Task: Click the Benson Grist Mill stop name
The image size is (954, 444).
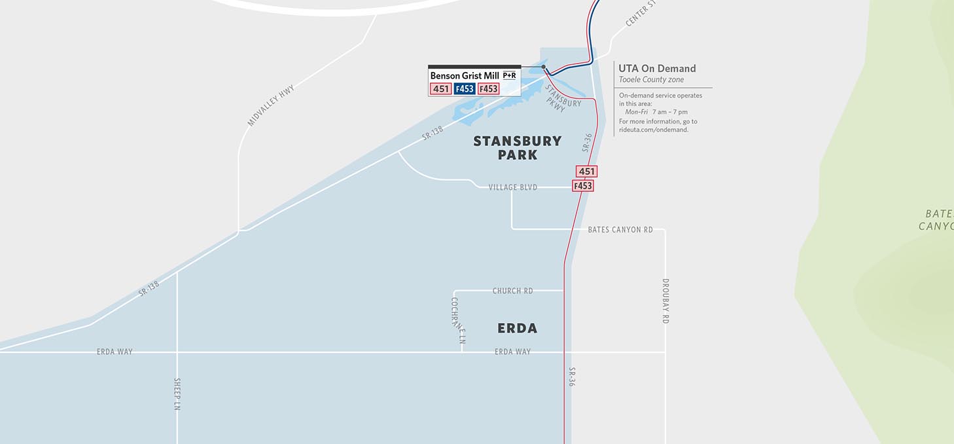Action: coord(465,76)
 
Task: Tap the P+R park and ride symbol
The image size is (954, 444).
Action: coord(509,76)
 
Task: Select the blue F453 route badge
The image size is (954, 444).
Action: coord(464,89)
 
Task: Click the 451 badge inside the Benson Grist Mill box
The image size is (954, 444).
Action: coord(440,89)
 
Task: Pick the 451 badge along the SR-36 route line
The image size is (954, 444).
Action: coord(587,172)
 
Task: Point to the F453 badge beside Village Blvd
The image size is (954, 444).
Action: coord(582,186)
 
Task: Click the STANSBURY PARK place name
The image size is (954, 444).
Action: coord(517,148)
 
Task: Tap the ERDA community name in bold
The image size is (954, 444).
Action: coord(517,328)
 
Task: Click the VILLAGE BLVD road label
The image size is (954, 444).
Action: coord(513,187)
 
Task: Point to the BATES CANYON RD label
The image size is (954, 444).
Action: coord(620,230)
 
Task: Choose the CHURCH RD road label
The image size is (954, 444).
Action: coord(512,291)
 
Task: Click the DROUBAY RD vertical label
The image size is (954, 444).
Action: coord(665,301)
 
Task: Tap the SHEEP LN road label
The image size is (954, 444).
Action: coord(177,394)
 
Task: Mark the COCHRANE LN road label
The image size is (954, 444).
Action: coord(457,321)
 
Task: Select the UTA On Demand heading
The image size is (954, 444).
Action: coord(657,68)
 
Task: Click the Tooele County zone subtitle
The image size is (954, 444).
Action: coord(651,80)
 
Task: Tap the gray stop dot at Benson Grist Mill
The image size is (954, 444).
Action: coord(544,67)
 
